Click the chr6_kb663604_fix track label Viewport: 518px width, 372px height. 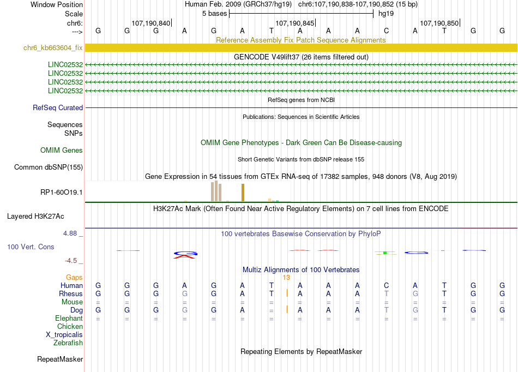[x=53, y=48]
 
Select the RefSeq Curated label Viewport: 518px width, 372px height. [x=57, y=107]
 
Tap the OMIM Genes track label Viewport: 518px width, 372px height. [x=61, y=150]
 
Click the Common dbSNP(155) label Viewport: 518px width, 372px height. [x=49, y=167]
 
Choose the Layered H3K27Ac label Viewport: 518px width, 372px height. [x=45, y=216]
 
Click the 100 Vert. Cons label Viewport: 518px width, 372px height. [x=31, y=247]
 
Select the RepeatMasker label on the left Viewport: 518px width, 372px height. [x=60, y=359]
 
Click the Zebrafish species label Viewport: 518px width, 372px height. [x=68, y=343]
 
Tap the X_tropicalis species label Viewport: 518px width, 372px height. [x=64, y=334]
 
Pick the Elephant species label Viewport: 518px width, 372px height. [x=69, y=318]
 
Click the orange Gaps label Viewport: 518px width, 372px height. [x=74, y=277]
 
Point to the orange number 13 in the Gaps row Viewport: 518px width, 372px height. [x=286, y=277]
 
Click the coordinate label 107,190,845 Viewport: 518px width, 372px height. [x=295, y=23]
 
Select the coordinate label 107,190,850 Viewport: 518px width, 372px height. [x=439, y=23]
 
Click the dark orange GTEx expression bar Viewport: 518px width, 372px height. [x=243, y=193]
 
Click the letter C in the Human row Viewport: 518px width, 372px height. [x=386, y=285]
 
